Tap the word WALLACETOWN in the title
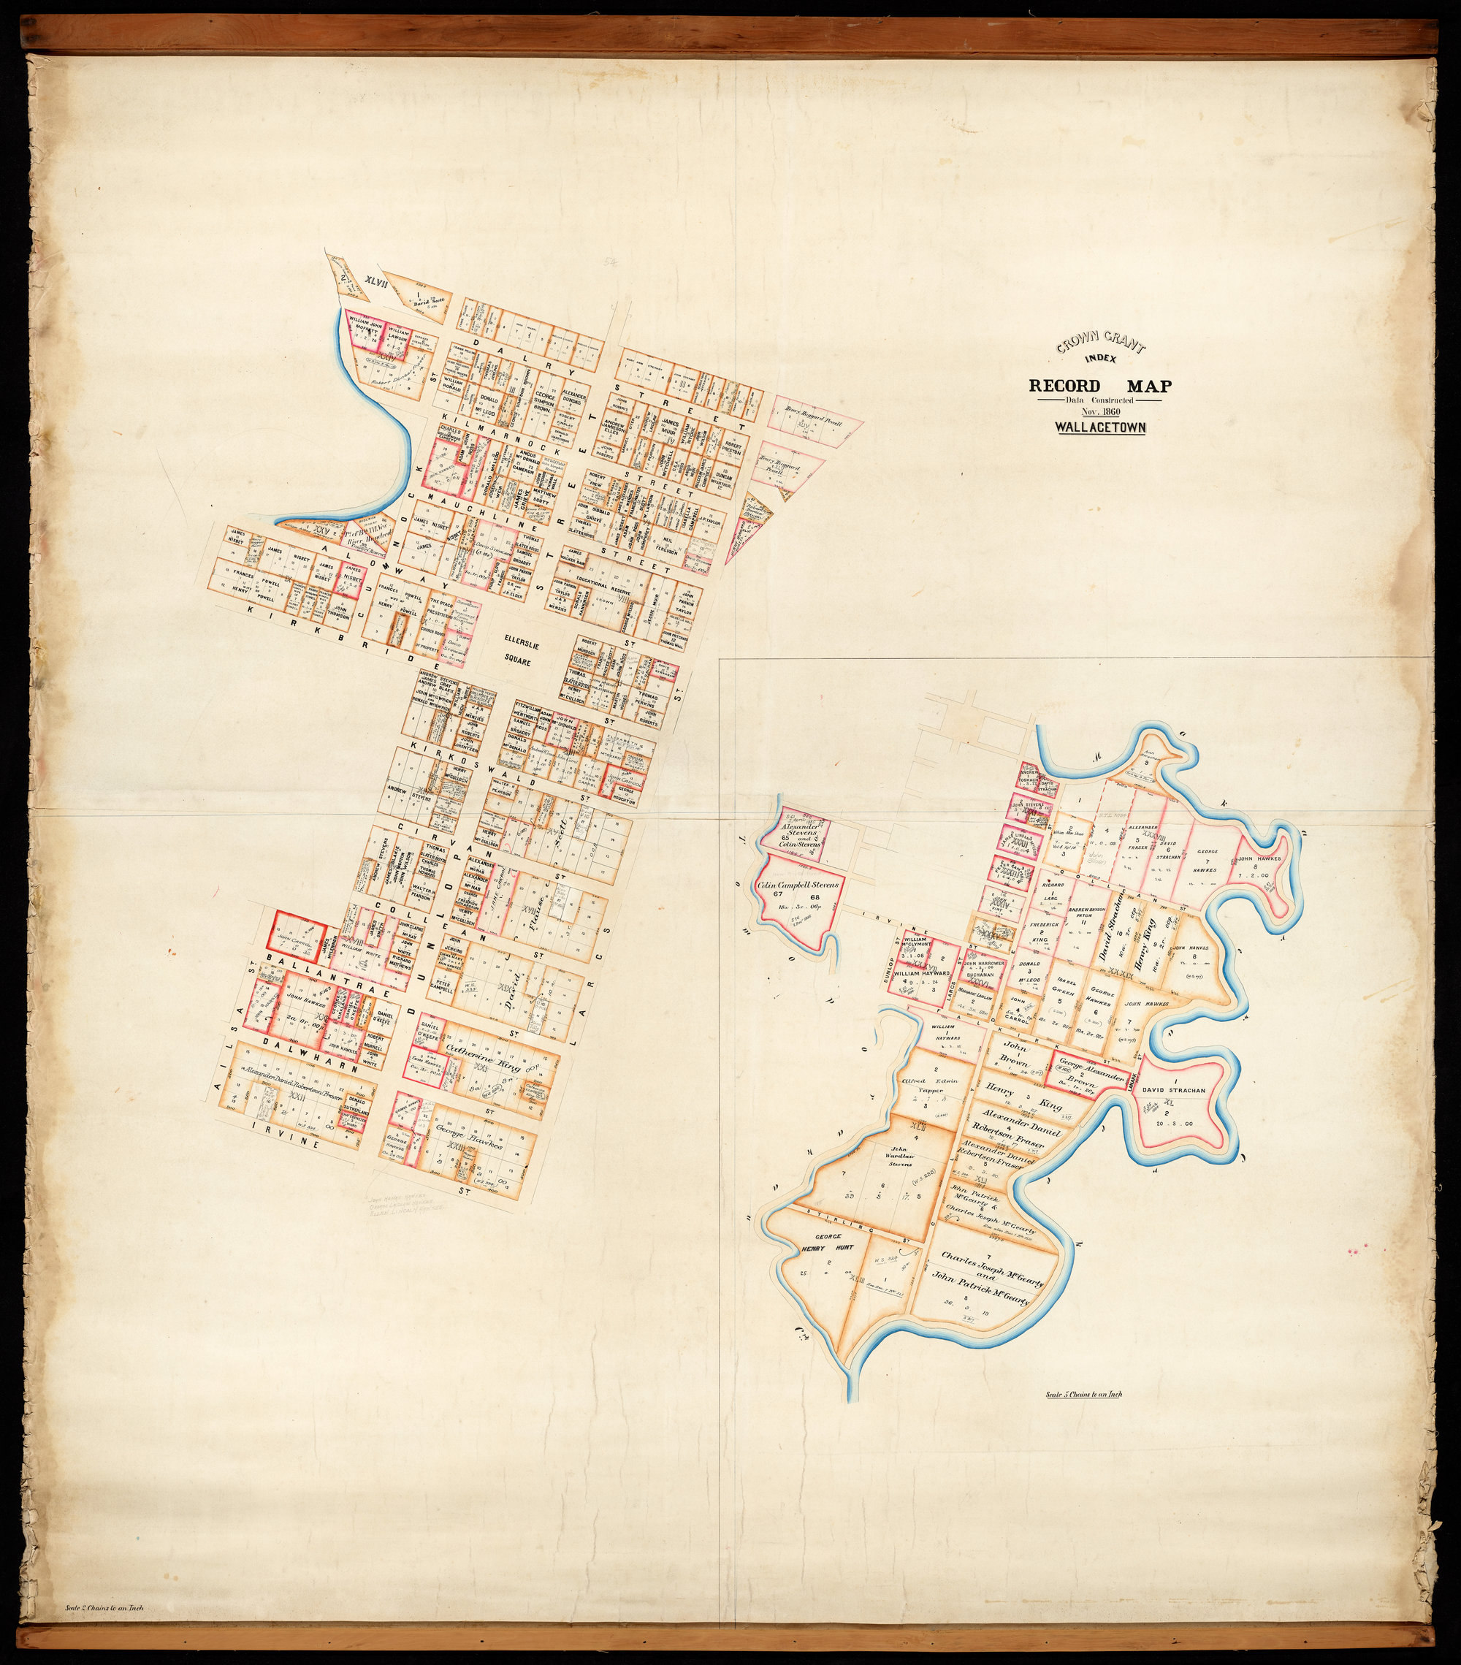[1099, 427]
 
